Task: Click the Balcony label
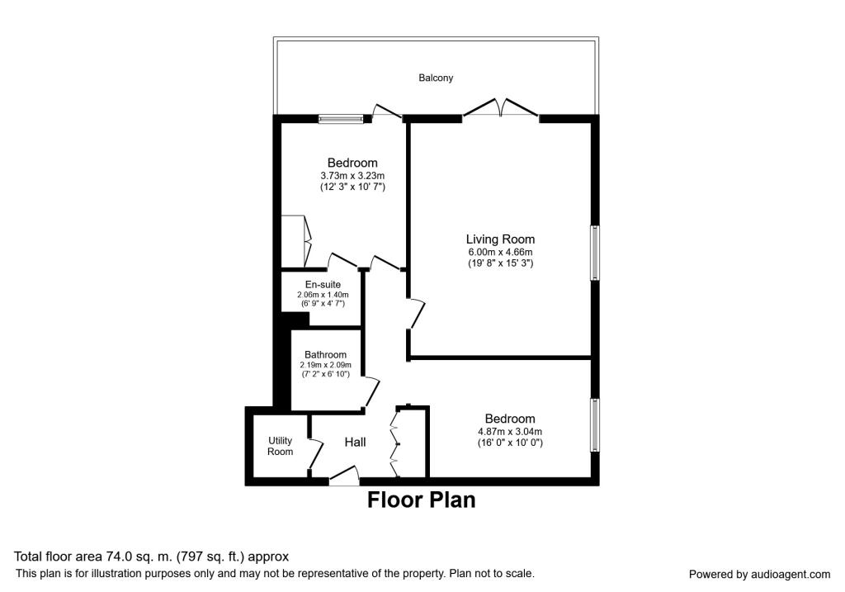coord(436,78)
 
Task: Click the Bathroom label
coord(325,354)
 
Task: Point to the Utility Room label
coord(280,446)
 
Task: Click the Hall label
coord(355,443)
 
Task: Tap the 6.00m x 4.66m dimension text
coord(500,252)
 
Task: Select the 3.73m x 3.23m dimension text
coord(352,176)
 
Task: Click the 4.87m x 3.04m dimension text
coord(509,431)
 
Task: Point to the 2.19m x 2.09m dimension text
coord(325,364)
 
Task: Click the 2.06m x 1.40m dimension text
coord(323,295)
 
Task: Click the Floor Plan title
coord(421,500)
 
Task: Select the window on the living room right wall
coord(593,253)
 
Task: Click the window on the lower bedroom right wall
coord(593,424)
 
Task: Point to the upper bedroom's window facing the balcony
coord(341,119)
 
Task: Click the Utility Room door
coord(314,452)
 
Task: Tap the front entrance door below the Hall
coord(344,476)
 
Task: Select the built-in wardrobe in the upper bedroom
coord(295,241)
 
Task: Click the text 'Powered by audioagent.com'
coord(759,574)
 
